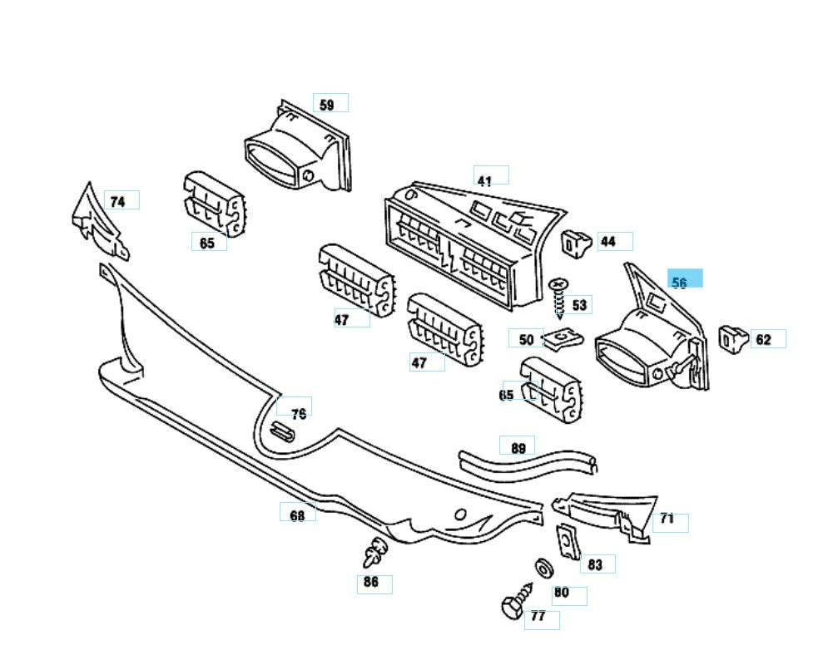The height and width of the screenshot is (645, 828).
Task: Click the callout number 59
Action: point(327,105)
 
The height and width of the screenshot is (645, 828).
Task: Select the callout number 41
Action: point(484,180)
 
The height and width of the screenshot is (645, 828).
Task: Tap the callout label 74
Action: point(118,201)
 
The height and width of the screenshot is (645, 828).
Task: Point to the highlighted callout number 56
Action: point(680,283)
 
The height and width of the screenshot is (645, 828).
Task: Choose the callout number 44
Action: point(608,242)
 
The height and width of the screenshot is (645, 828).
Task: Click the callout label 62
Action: point(763,339)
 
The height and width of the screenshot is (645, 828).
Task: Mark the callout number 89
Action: point(518,448)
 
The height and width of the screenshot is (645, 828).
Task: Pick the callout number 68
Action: point(297,515)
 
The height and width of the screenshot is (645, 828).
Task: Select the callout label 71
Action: point(667,519)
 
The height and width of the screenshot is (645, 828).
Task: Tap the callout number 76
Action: point(298,413)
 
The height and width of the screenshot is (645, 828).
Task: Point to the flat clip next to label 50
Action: point(563,338)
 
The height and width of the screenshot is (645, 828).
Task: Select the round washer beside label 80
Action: point(545,569)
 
